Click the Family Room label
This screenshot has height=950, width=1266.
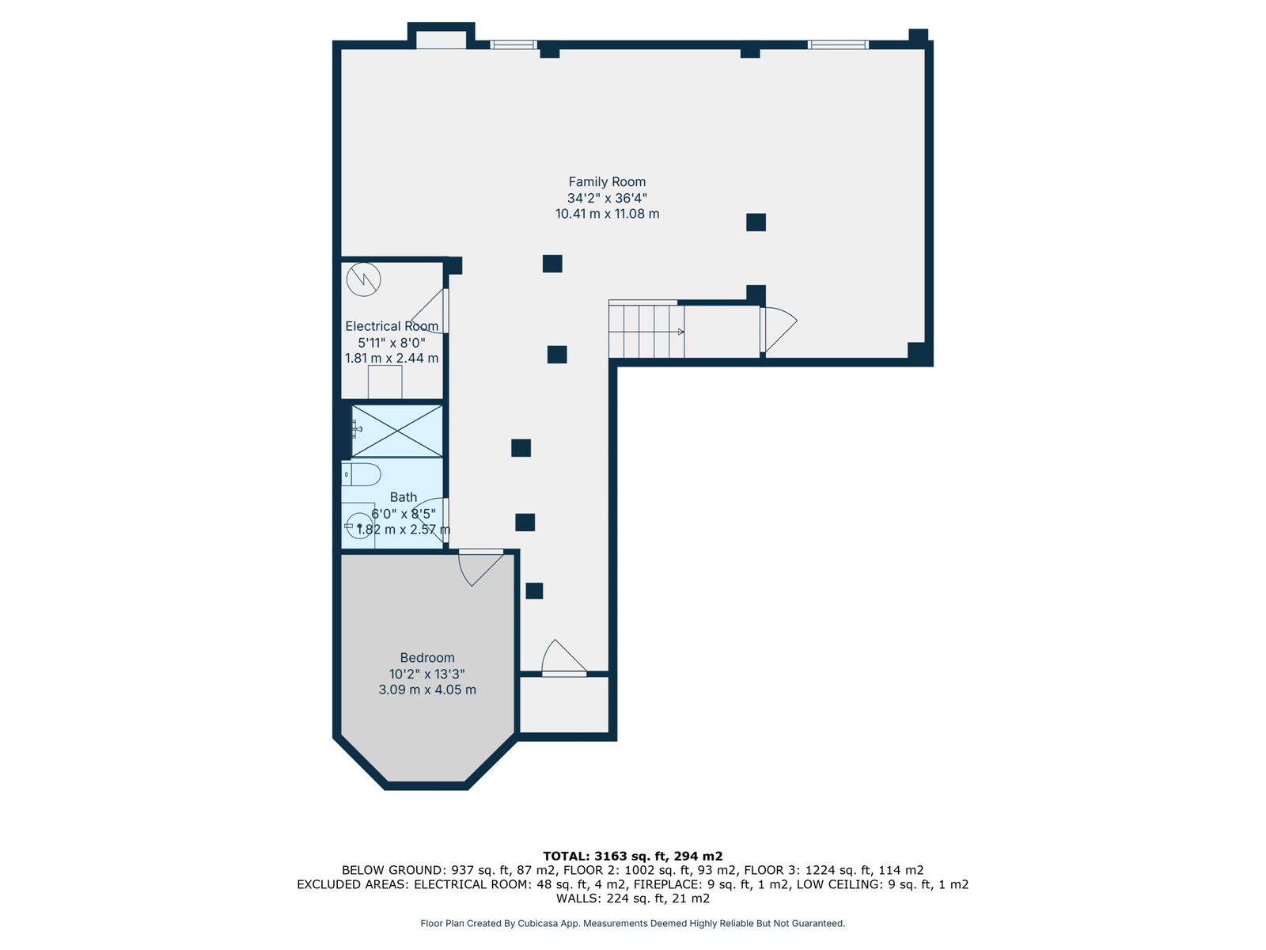(x=607, y=182)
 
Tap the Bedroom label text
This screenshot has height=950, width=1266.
(x=426, y=658)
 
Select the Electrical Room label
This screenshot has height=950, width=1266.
(x=392, y=326)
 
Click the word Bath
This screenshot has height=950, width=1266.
(x=404, y=496)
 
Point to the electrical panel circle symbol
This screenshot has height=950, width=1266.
(x=363, y=279)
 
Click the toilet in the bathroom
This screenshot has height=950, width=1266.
(x=361, y=474)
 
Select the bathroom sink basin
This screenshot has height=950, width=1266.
(x=359, y=526)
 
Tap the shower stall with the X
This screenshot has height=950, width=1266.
(x=397, y=431)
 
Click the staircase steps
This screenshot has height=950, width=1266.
(x=646, y=332)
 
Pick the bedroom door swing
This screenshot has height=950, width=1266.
(x=480, y=568)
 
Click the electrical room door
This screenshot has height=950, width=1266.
(x=430, y=311)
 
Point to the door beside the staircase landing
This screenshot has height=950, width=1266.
(x=779, y=330)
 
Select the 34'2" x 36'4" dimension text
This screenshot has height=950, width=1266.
(x=607, y=198)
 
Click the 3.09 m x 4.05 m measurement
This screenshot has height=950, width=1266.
(x=426, y=690)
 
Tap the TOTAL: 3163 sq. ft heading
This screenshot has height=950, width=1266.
(x=632, y=856)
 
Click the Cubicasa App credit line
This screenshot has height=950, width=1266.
(x=632, y=923)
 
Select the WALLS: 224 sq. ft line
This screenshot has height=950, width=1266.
(x=632, y=898)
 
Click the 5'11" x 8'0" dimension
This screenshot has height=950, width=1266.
(x=392, y=342)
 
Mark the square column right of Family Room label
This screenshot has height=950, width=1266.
(x=756, y=222)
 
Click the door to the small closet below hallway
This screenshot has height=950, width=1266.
(x=564, y=658)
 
